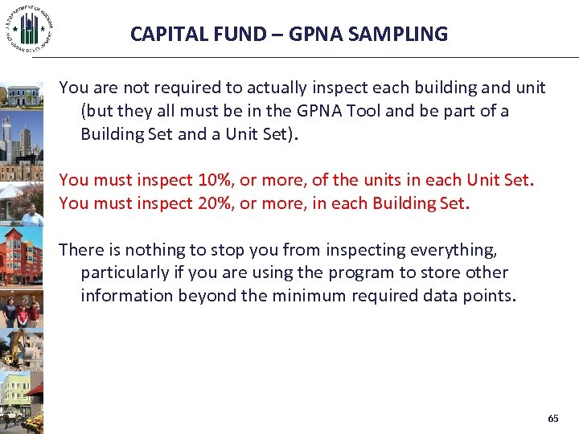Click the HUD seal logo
(29, 29)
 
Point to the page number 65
(552, 419)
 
